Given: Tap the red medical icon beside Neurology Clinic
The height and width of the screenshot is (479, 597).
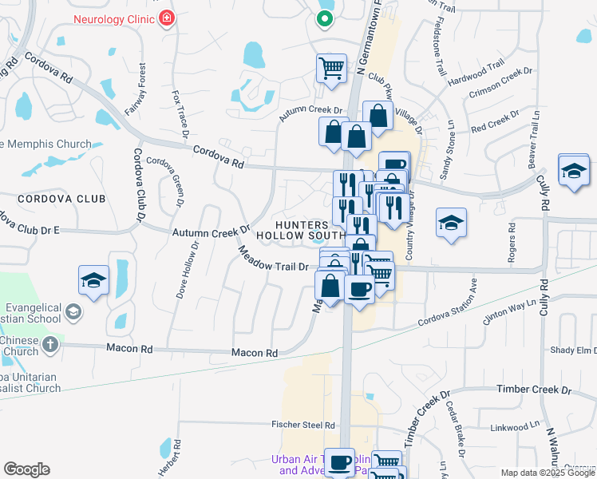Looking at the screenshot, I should click(x=166, y=18).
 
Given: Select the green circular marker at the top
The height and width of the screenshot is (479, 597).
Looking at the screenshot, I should click(x=324, y=18).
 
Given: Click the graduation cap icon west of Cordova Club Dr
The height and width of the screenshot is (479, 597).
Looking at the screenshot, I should click(x=93, y=280).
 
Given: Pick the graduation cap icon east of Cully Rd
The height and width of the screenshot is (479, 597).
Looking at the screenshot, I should click(x=573, y=171).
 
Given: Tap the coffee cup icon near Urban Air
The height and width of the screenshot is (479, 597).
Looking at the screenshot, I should click(x=340, y=461).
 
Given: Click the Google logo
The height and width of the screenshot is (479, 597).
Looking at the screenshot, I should click(x=26, y=469).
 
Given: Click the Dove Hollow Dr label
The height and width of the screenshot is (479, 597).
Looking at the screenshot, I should click(x=186, y=267).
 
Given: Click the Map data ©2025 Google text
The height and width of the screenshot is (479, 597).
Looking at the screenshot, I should click(x=548, y=473).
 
